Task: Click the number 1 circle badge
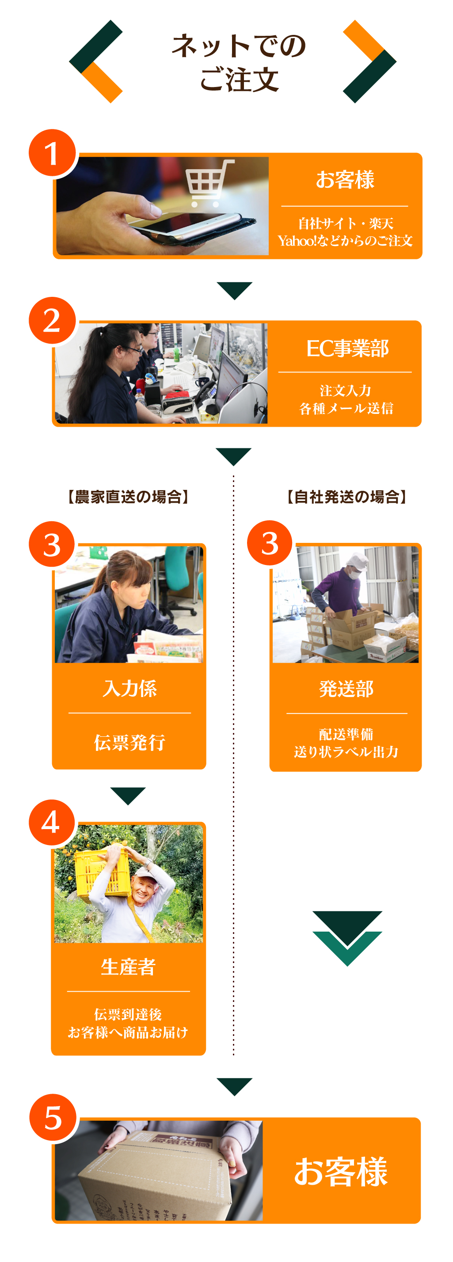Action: (x=52, y=152)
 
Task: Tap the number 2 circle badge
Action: (x=52, y=320)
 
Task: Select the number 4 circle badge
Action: (x=51, y=822)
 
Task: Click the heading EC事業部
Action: (x=347, y=349)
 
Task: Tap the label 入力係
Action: (x=129, y=688)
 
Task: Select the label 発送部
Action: (x=346, y=689)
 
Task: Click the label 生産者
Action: (x=128, y=966)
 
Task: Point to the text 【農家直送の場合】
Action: (x=128, y=497)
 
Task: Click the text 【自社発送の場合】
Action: (x=346, y=497)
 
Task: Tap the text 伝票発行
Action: (x=129, y=742)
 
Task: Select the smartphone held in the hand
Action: (x=193, y=226)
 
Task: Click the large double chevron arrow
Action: (x=347, y=938)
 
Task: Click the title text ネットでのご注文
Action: (x=239, y=63)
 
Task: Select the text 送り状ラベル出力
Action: (x=346, y=751)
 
